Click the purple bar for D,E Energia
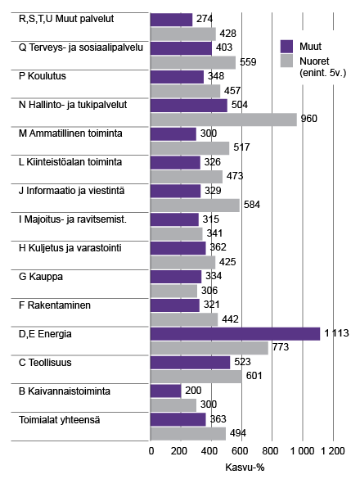(x=236, y=333)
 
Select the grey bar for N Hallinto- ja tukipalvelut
(x=224, y=120)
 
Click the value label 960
(x=309, y=120)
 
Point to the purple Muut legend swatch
(x=286, y=46)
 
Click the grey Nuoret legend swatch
(x=286, y=61)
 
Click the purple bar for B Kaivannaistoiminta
(x=166, y=391)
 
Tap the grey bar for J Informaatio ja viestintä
(x=196, y=205)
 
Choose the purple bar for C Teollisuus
(x=191, y=362)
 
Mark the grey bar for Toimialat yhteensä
(x=188, y=433)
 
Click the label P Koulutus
(x=43, y=77)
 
